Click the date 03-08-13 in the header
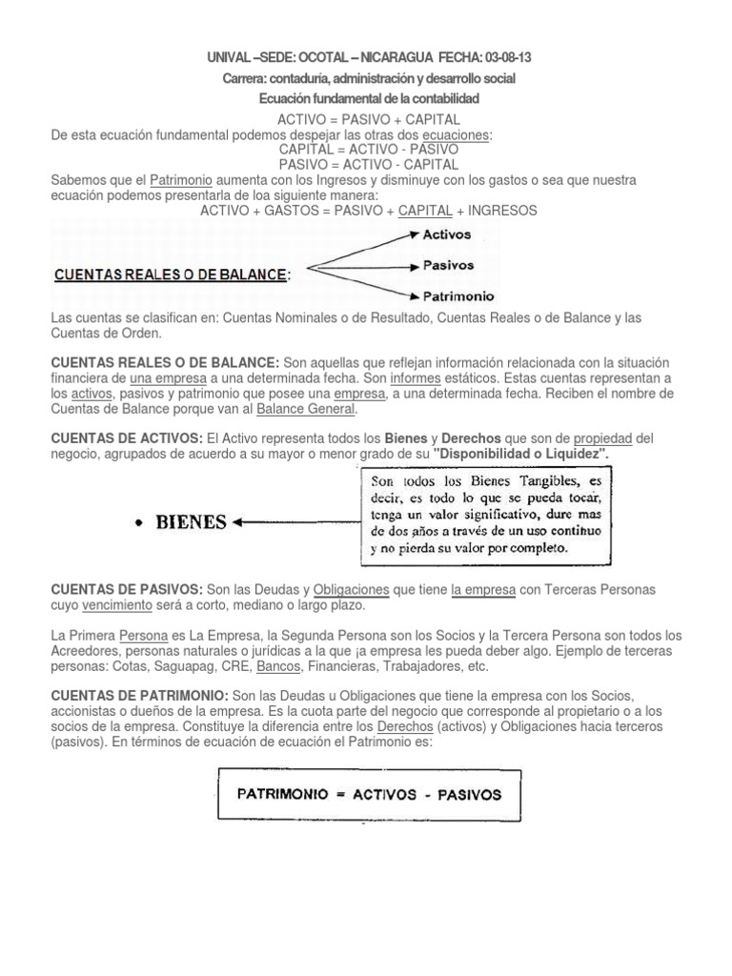tap(506, 58)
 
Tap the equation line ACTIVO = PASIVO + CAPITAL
tap(369, 119)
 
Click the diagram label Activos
tap(448, 234)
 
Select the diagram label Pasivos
tap(449, 265)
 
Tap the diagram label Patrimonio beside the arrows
tap(458, 296)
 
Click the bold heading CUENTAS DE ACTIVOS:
tap(127, 437)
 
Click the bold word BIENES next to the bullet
tap(192, 521)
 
